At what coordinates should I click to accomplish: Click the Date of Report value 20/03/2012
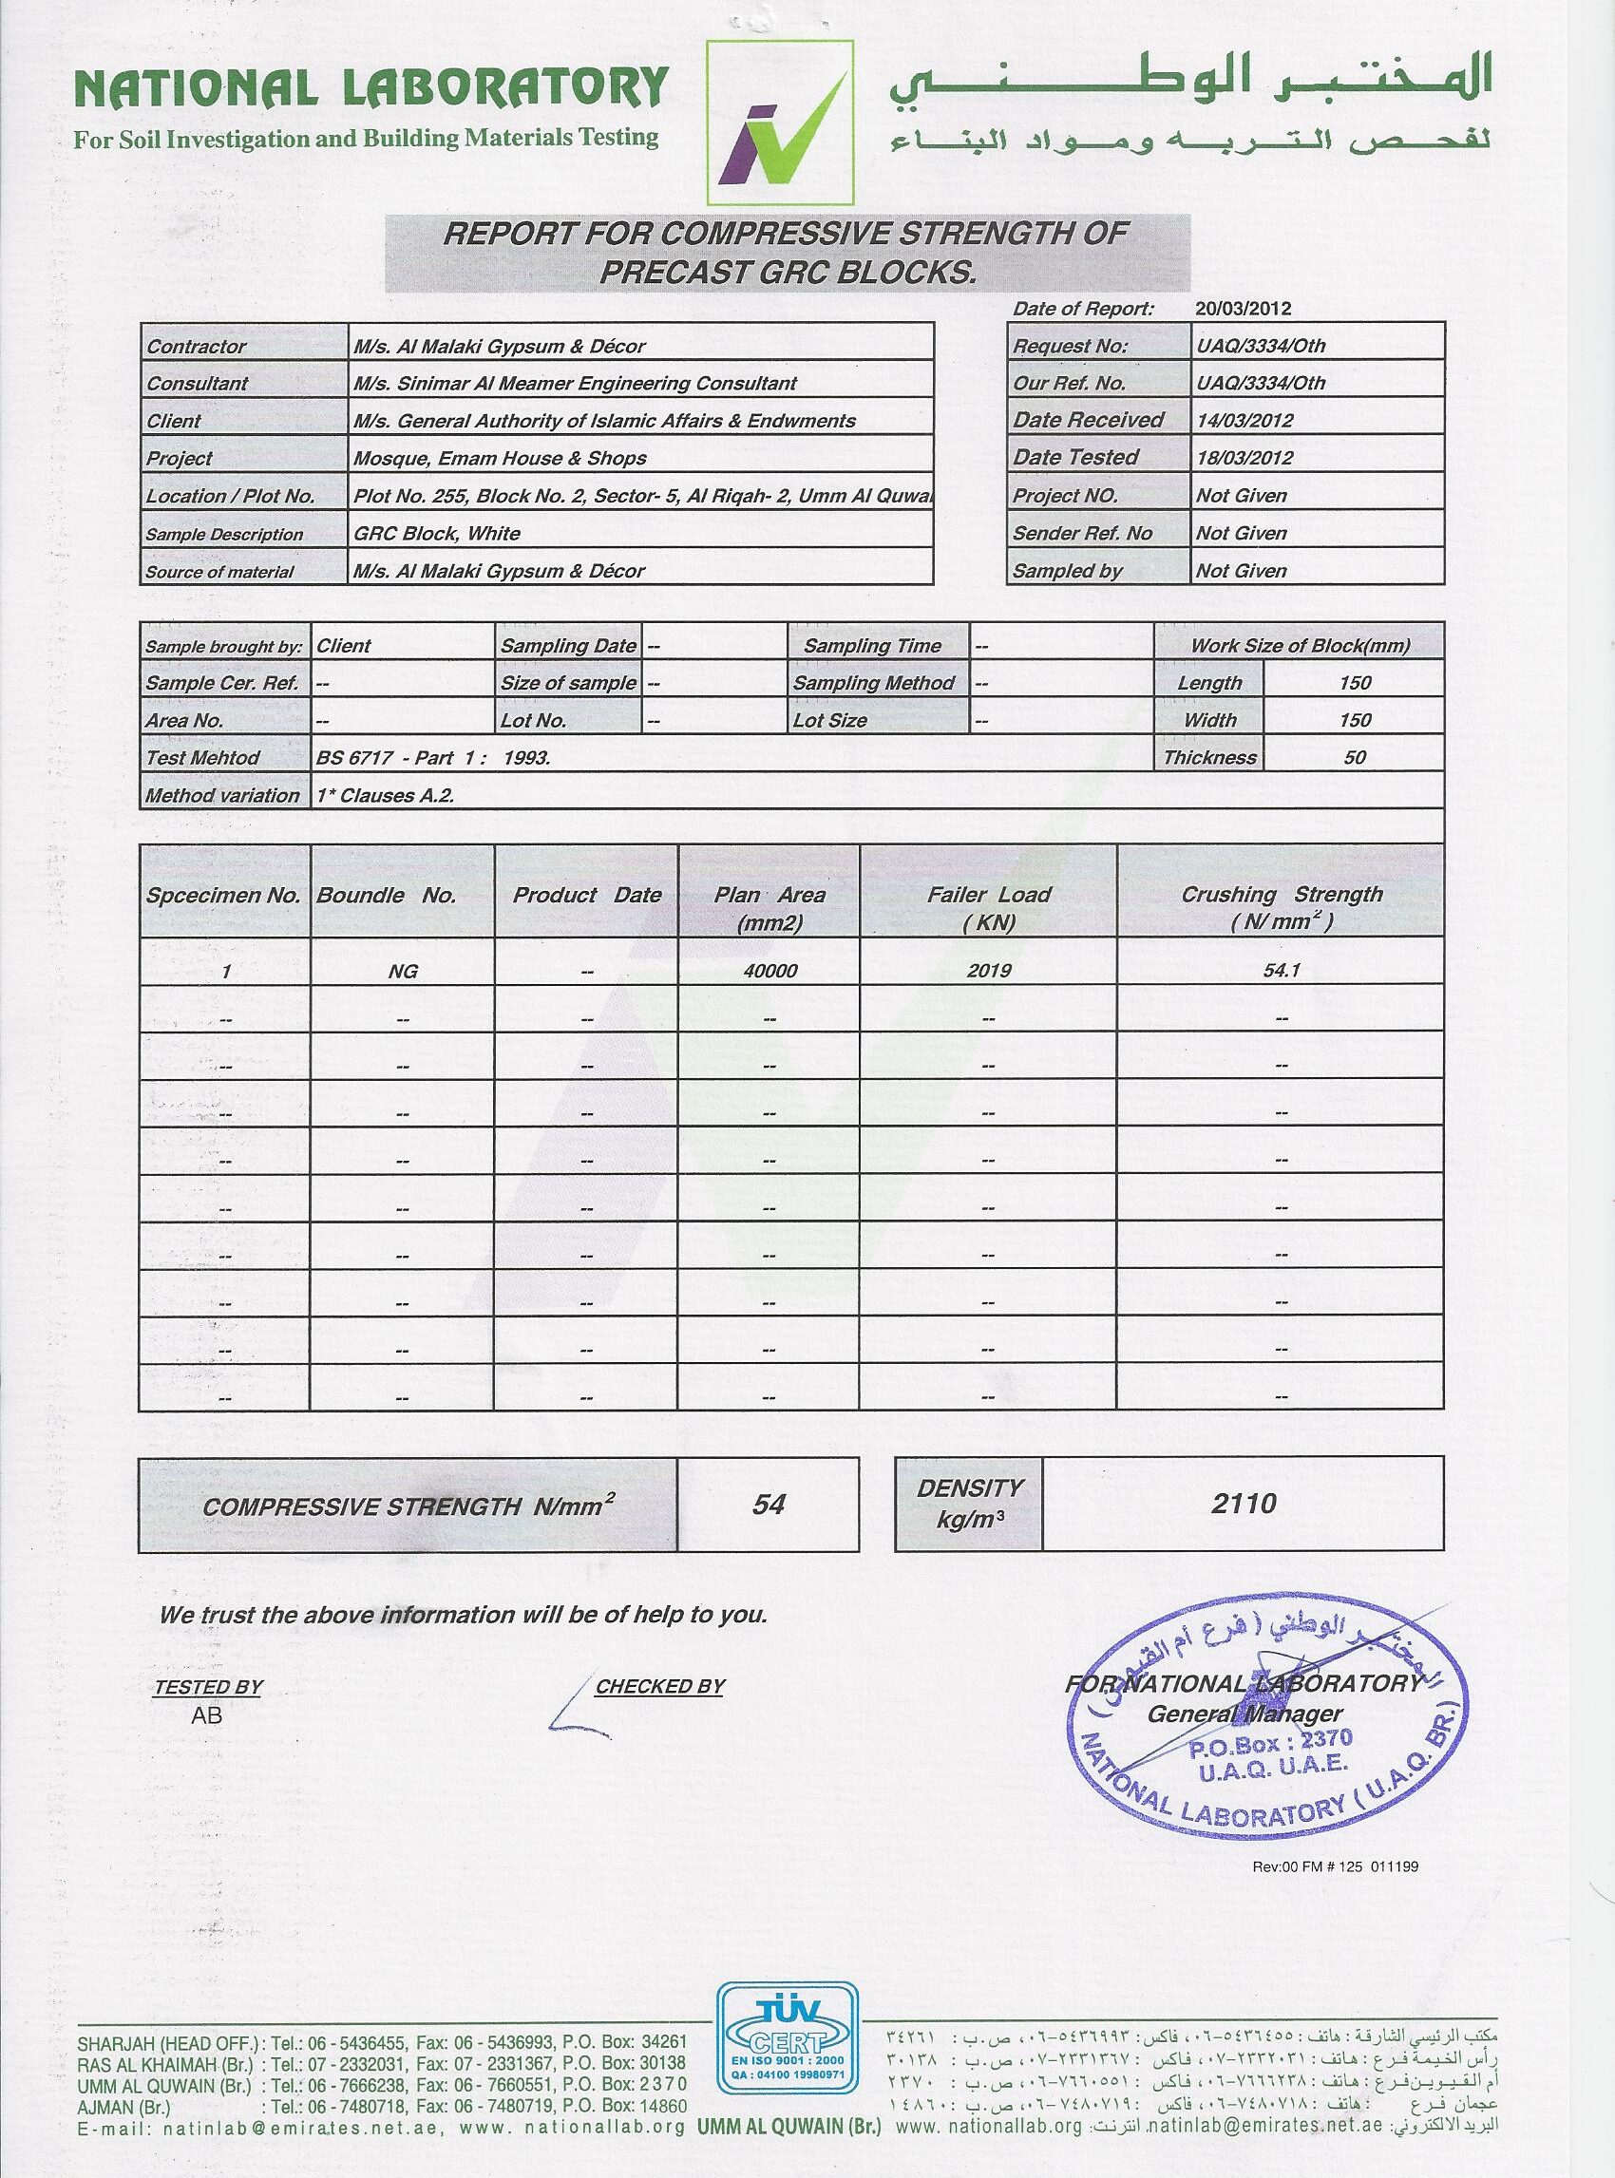tap(1243, 309)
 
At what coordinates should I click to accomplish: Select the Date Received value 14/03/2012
tap(1244, 421)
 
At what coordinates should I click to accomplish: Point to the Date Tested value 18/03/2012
tap(1244, 458)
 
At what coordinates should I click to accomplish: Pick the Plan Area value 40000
tap(769, 971)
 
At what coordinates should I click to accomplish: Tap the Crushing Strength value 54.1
tap(1281, 971)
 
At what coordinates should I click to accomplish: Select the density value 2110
tap(1243, 1504)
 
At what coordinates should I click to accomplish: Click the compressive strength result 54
tap(769, 1505)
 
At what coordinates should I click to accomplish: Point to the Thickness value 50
tap(1354, 758)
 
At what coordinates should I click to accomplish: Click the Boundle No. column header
tap(386, 895)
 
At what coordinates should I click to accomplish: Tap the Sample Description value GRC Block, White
tap(437, 534)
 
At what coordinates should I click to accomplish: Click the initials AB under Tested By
tap(207, 1714)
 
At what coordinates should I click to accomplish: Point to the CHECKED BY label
tap(660, 1686)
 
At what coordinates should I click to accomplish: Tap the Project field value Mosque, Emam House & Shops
tap(500, 459)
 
